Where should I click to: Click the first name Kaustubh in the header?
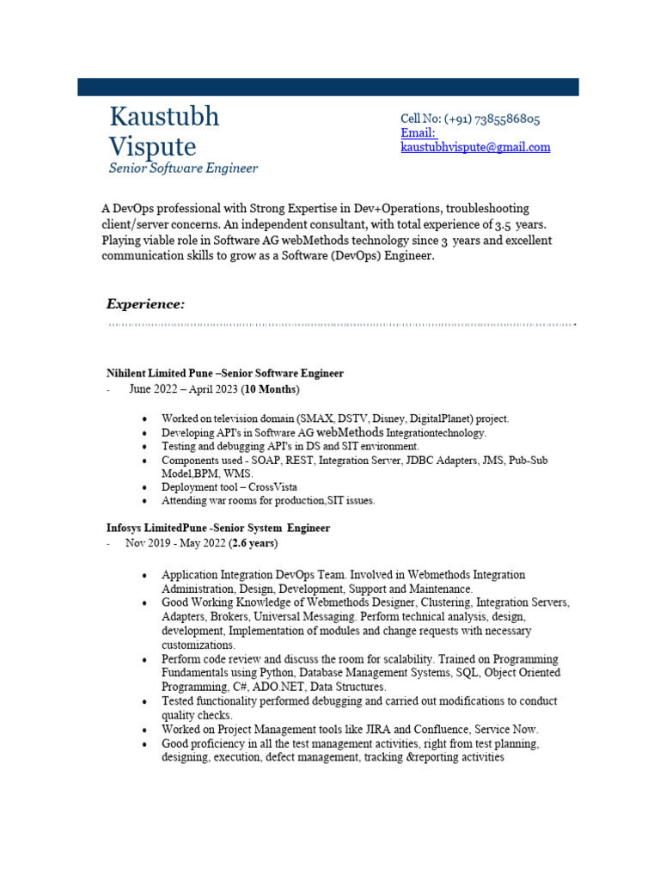click(x=164, y=117)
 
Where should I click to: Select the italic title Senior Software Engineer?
click(x=183, y=168)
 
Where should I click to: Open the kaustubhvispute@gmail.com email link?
click(x=475, y=147)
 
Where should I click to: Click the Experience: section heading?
click(x=145, y=304)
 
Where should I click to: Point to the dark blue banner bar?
click(x=327, y=87)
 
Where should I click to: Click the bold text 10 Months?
click(x=270, y=389)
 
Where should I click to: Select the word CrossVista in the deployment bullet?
click(x=274, y=486)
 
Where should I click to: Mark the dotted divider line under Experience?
click(x=341, y=325)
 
